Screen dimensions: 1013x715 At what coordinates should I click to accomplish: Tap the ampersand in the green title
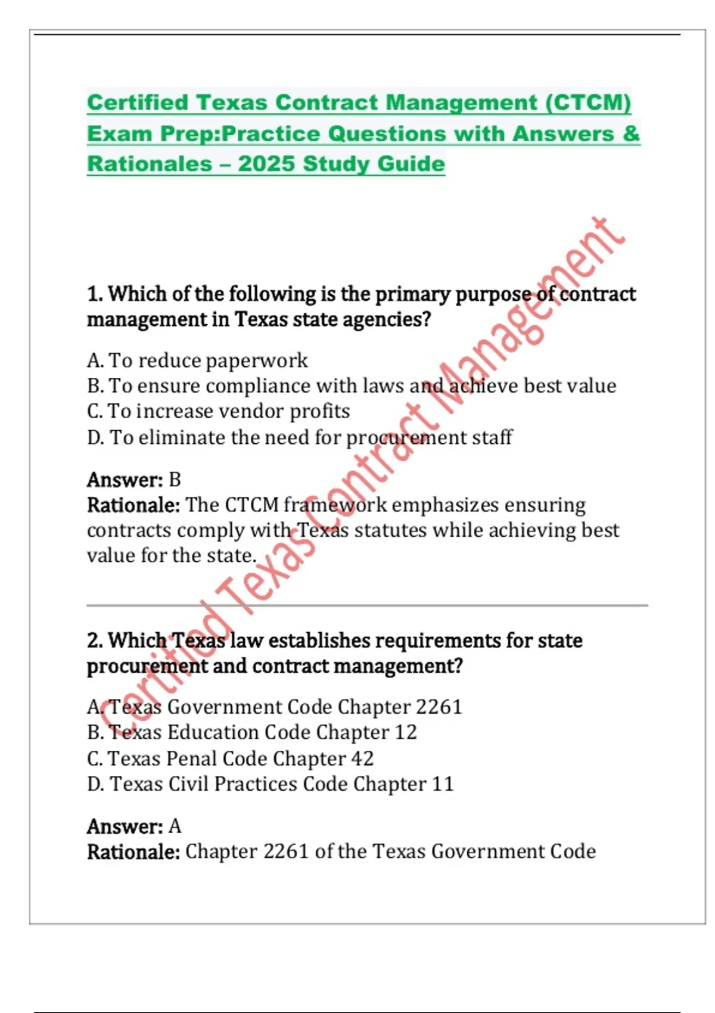pos(631,133)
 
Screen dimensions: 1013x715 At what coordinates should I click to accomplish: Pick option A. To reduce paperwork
pos(197,361)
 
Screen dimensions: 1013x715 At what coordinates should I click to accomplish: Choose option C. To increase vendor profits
pos(218,411)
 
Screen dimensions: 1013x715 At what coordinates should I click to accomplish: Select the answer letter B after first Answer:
pos(175,480)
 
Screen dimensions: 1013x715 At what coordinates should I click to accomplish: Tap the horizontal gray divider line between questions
pos(367,605)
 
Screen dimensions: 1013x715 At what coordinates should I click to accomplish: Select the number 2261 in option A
pos(439,707)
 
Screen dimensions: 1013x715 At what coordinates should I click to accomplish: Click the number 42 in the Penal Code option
pos(362,759)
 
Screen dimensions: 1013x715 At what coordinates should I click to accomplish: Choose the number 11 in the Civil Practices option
pos(443,784)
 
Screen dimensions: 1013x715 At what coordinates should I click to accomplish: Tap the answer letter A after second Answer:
pos(175,826)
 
